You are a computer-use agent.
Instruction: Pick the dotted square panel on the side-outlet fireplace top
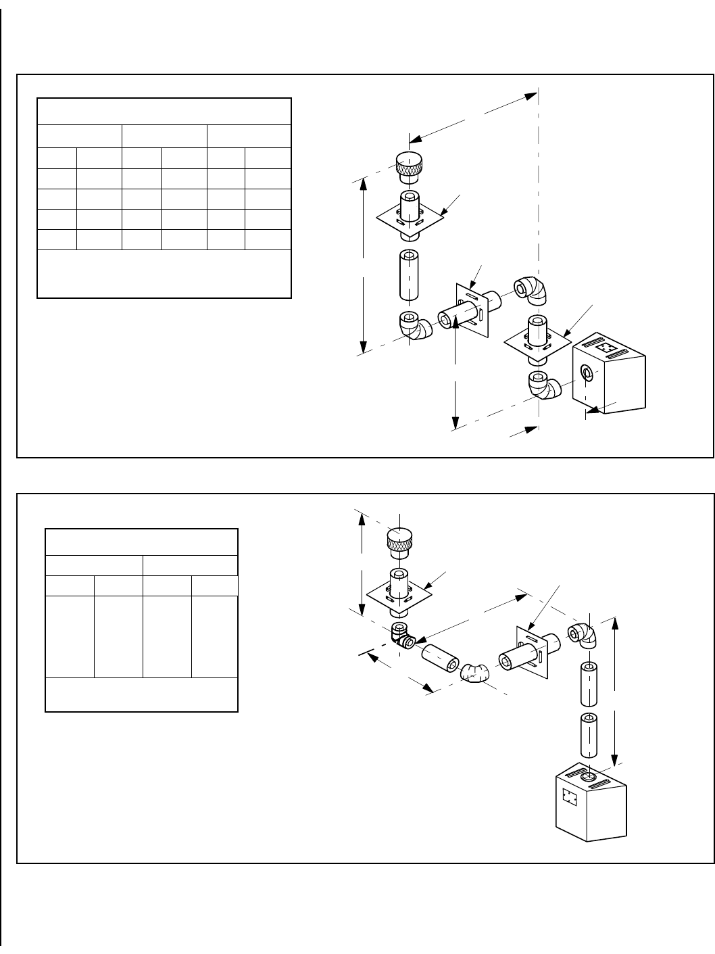tap(609, 348)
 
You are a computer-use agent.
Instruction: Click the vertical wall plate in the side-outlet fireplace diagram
tap(470, 312)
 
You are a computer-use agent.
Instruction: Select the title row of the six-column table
tap(164, 112)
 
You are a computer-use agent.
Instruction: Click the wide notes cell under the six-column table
tap(164, 274)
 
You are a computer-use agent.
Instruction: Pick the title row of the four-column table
tap(141, 542)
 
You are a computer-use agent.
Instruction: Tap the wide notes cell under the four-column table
tap(141, 694)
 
